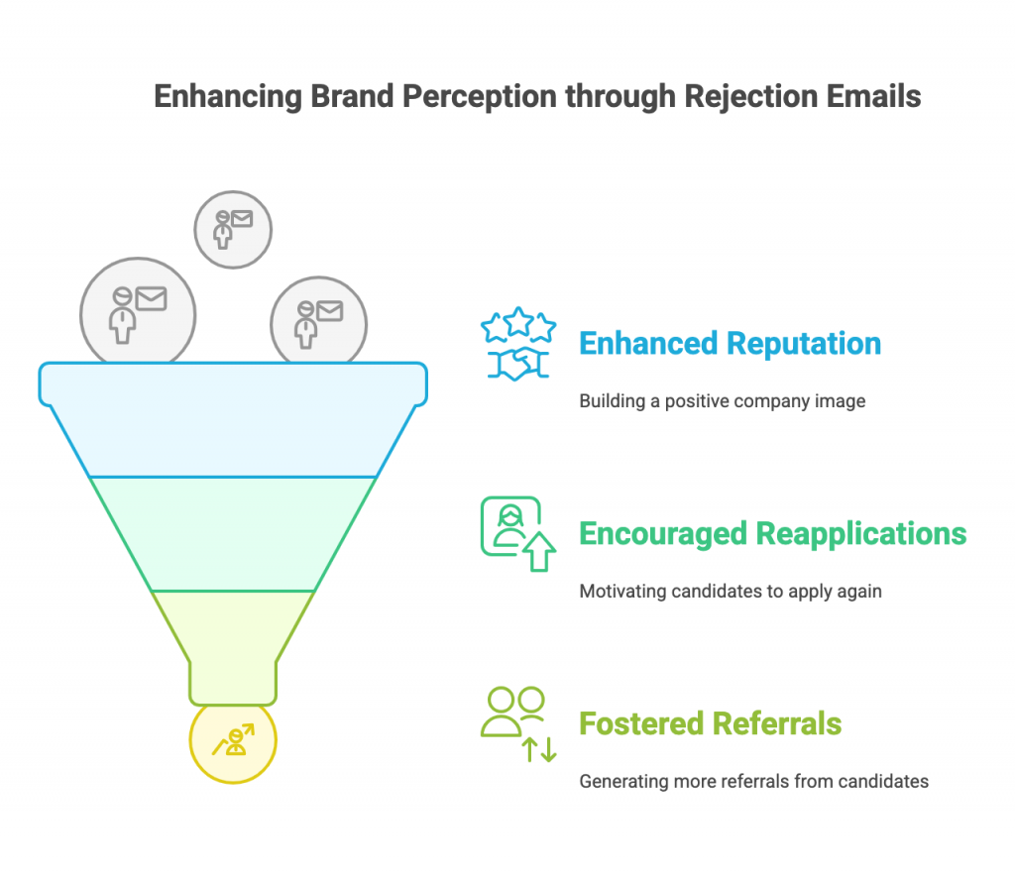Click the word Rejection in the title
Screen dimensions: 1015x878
[751, 97]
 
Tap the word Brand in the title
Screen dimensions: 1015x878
[352, 96]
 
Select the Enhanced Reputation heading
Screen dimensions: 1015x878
[730, 344]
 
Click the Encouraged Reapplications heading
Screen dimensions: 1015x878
[772, 534]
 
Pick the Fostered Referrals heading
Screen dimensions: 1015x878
[710, 723]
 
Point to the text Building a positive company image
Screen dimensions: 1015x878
[722, 401]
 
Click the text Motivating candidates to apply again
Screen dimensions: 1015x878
[731, 592]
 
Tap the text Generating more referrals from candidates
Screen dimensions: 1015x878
[753, 782]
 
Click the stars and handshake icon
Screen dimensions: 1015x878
[517, 344]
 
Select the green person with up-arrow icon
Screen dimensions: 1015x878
[517, 534]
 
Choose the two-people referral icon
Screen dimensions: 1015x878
[517, 724]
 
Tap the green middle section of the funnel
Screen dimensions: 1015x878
[233, 534]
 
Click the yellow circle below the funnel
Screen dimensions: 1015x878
[233, 744]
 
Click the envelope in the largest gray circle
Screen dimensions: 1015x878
[151, 299]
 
